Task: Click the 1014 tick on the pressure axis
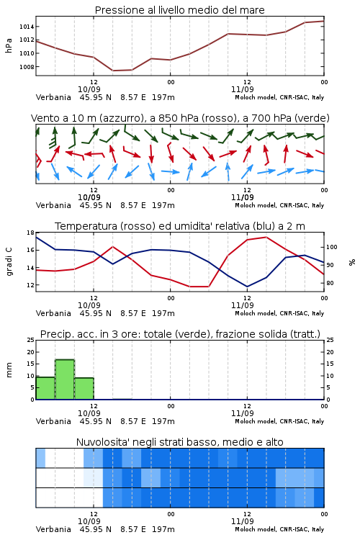coord(27,27)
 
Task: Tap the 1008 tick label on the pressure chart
coord(27,67)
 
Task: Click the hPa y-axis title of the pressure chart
coord(9,45)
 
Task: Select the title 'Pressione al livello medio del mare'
coord(180,10)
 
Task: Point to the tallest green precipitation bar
coord(65,379)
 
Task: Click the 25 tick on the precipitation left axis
coord(31,340)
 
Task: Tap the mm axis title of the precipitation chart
coord(9,370)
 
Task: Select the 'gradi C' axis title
coord(9,261)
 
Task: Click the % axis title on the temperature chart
coord(352,262)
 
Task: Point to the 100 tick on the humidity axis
coord(332,247)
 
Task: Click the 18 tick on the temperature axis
coord(31,233)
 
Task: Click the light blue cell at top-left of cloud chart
coord(40,458)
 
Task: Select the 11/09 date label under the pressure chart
coord(243,89)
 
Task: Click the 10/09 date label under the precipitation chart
coord(89,413)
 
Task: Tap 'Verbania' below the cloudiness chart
coord(53,529)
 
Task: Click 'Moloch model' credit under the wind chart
coord(256,205)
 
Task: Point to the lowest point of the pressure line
coord(113,71)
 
